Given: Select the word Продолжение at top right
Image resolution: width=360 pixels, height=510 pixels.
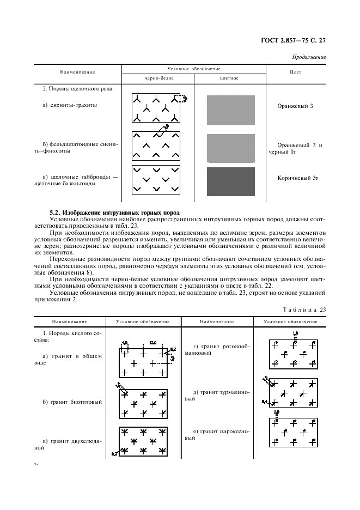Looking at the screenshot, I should [309, 57].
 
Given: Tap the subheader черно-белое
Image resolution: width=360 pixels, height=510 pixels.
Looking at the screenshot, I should [158, 78].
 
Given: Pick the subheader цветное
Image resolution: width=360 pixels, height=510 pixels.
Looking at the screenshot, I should [229, 78].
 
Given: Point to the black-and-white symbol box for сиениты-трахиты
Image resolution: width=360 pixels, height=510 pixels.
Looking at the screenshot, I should [157, 108].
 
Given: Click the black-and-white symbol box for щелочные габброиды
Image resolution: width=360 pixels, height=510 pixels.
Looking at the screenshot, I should [157, 179].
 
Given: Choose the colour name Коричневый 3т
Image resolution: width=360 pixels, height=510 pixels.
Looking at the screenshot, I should [295, 177].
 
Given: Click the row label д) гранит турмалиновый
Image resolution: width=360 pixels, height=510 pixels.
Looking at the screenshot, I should [217, 395].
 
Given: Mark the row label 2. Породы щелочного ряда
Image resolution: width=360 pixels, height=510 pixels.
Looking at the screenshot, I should [75, 88].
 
